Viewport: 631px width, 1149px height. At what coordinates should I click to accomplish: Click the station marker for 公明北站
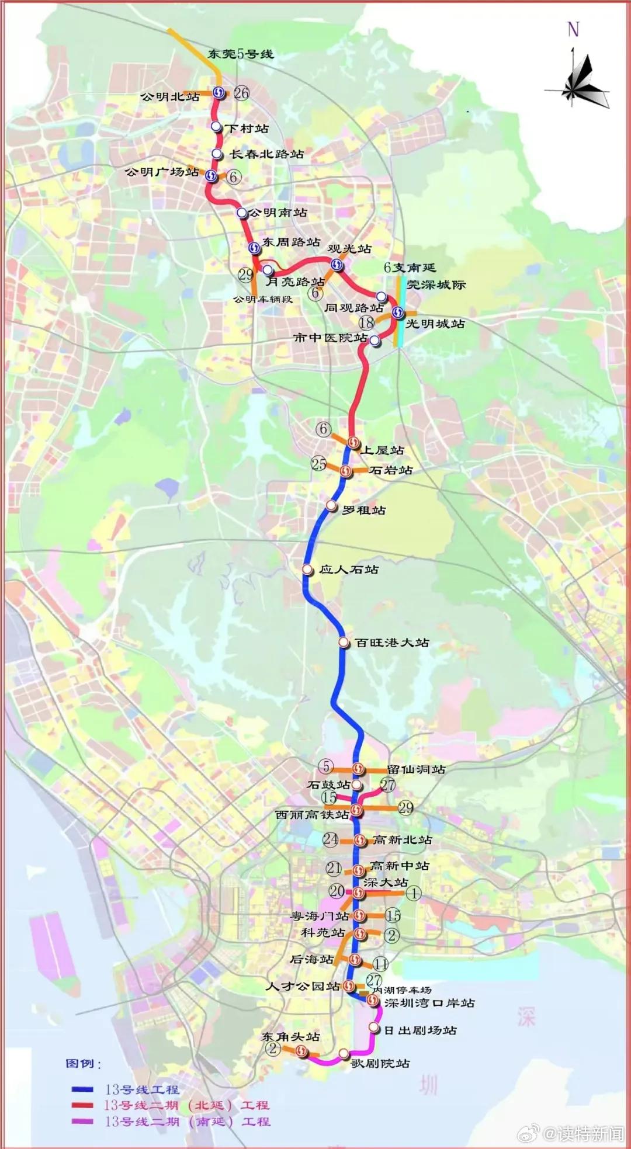219,92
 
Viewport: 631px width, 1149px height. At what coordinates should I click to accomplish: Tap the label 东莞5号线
240,54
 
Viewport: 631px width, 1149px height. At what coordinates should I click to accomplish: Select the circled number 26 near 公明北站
241,93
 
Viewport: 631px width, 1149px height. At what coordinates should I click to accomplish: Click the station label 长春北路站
267,154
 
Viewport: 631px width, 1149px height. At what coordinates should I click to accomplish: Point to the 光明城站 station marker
398,313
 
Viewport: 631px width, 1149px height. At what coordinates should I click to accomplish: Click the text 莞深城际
436,285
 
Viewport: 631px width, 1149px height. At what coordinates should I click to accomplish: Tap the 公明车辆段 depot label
262,300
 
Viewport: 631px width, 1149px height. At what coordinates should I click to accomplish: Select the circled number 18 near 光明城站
366,322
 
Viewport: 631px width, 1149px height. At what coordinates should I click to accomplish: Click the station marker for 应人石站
307,569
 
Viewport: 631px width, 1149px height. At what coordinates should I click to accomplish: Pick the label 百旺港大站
392,643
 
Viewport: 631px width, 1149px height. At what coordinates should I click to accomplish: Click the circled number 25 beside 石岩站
318,464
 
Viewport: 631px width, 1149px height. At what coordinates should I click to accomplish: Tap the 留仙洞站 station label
416,769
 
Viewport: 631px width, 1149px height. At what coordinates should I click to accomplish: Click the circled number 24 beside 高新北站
330,839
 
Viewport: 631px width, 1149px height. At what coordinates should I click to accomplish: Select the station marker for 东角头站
301,1051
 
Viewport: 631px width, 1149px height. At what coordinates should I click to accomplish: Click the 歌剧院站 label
380,1064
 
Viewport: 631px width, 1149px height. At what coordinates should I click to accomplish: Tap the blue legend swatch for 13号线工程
82,1089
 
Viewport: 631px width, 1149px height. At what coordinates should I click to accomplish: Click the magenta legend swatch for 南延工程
82,1121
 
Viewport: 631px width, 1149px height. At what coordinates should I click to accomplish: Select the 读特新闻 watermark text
590,1133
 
